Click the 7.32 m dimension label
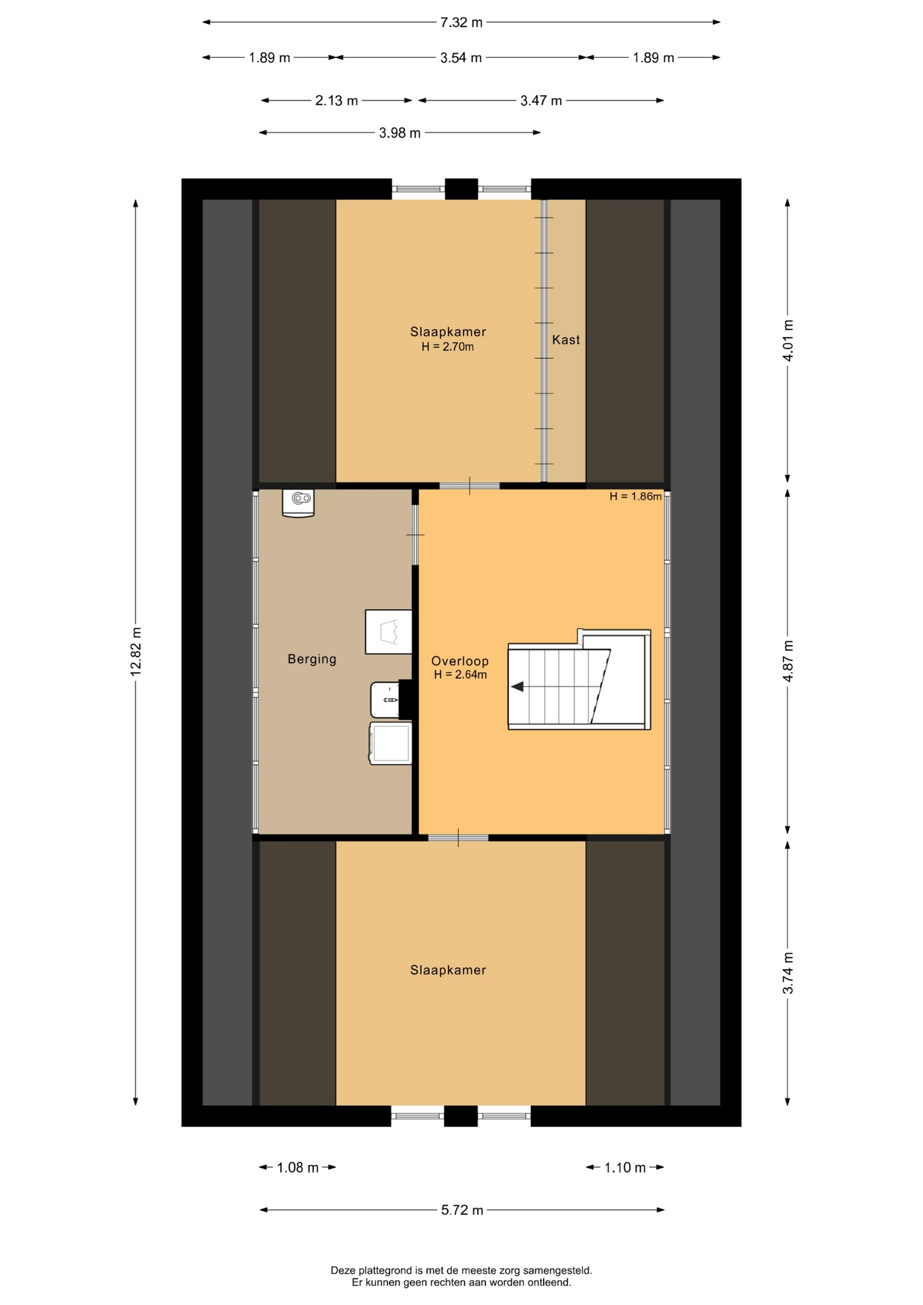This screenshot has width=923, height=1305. [x=461, y=22]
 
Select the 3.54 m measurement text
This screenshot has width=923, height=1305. [x=461, y=58]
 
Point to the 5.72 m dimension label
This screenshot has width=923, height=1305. [x=462, y=1210]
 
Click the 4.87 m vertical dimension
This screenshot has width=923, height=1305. [x=788, y=661]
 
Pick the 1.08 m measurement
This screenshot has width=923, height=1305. [x=298, y=1168]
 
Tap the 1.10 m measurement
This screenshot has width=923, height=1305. [x=625, y=1168]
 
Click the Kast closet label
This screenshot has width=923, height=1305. [x=566, y=340]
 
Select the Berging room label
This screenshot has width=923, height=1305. [x=312, y=659]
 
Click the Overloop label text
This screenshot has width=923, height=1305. [x=460, y=661]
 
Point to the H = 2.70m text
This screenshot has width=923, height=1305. [x=447, y=347]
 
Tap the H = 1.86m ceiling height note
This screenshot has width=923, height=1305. [x=635, y=496]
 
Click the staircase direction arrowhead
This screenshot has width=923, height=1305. [x=517, y=686]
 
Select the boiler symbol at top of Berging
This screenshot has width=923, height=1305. [x=298, y=504]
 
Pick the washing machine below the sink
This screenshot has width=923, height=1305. [x=391, y=743]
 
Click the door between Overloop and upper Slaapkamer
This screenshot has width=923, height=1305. [x=470, y=486]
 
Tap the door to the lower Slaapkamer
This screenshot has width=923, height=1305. [x=458, y=838]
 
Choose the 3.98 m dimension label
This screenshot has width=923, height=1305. [x=400, y=133]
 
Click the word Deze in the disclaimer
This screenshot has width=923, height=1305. [x=343, y=1270]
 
